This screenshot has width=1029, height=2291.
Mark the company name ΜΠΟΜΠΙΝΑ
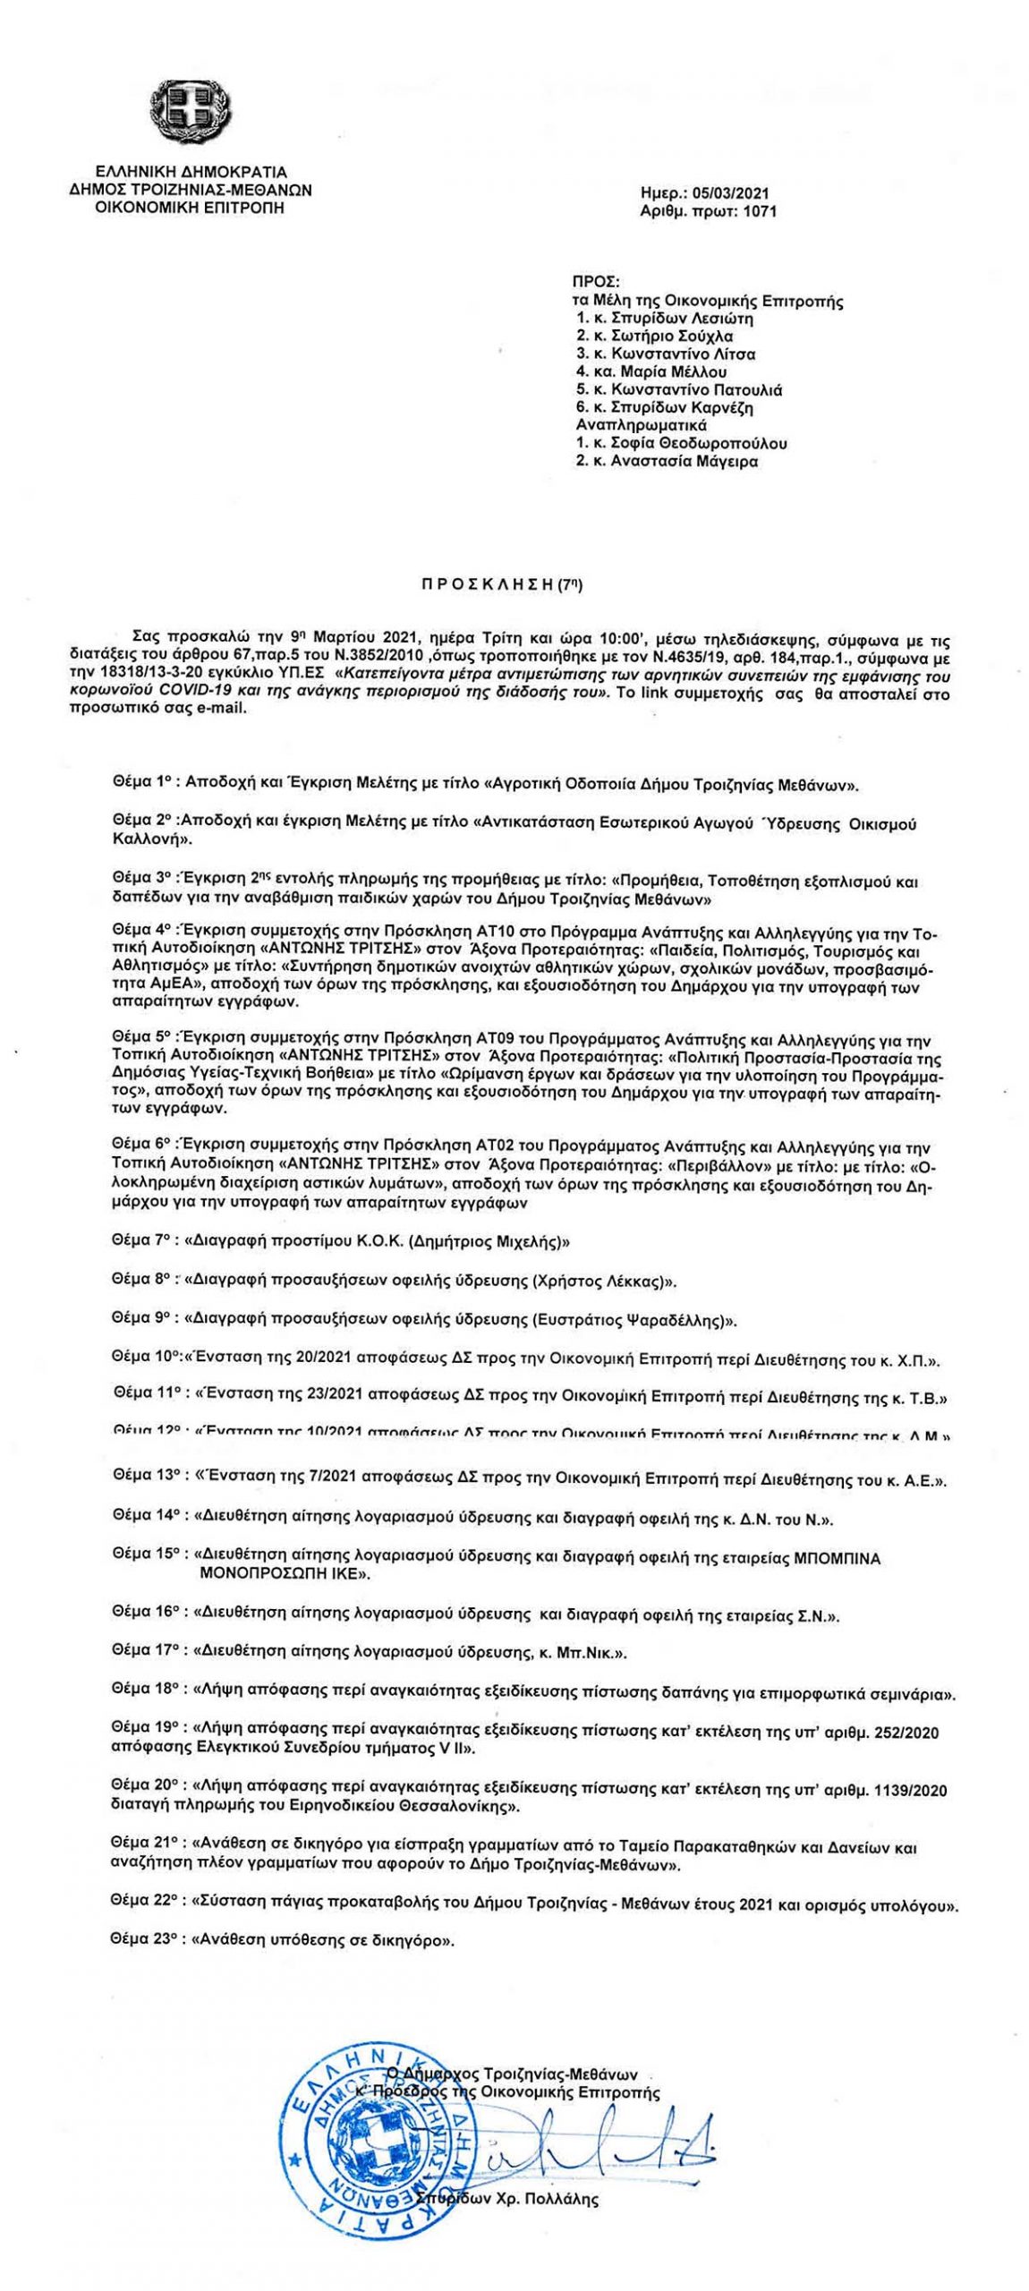pyautogui.click(x=837, y=1558)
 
